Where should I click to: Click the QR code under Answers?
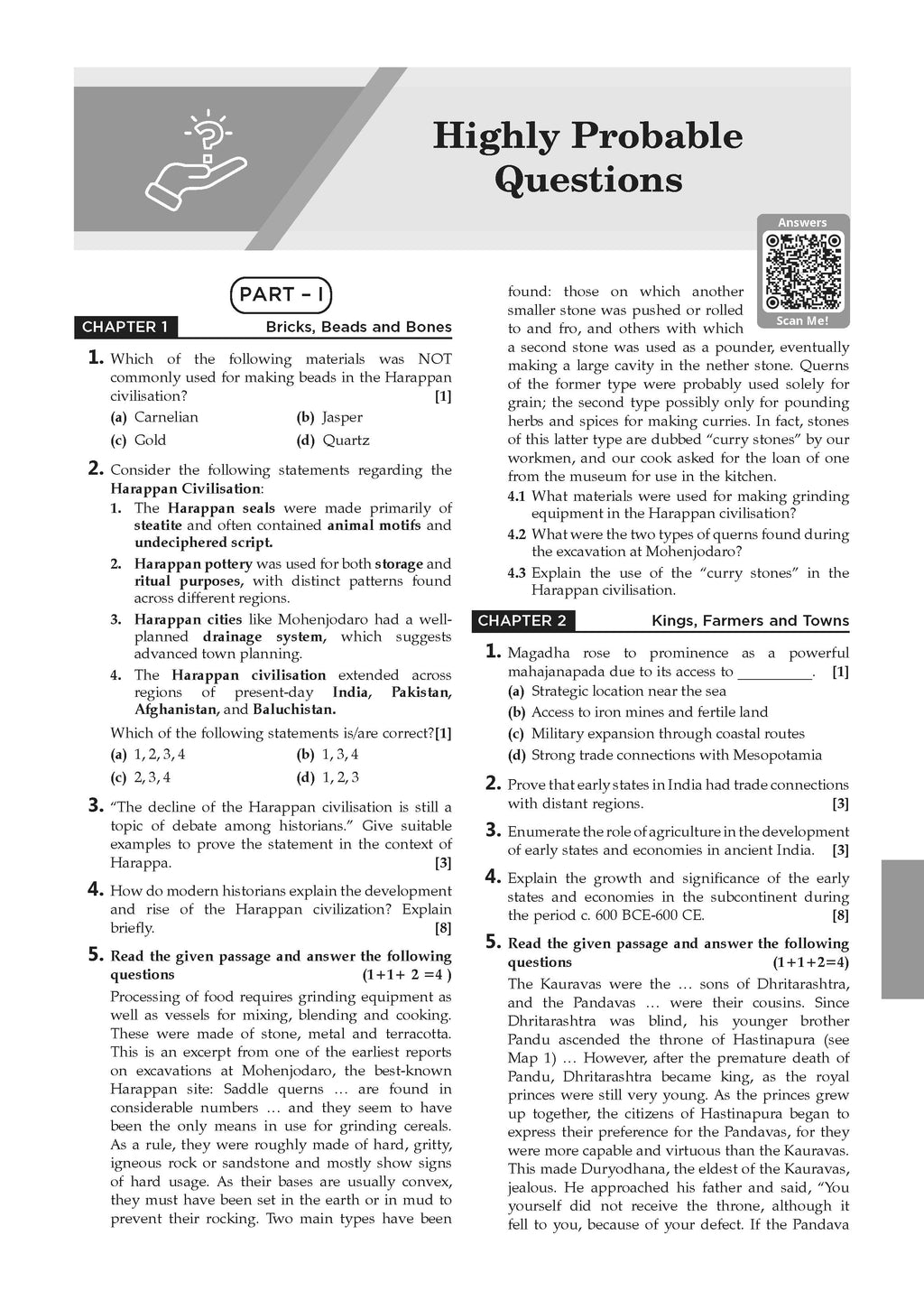click(802, 271)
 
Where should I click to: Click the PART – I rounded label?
click(282, 294)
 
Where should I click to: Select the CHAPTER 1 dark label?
click(125, 327)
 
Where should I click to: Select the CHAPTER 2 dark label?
click(523, 621)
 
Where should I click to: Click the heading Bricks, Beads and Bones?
click(358, 327)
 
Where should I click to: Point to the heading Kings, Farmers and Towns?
click(750, 621)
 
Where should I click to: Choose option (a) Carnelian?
click(154, 417)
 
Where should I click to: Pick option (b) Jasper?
click(329, 417)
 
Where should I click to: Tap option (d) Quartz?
click(333, 441)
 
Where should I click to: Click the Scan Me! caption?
click(802, 320)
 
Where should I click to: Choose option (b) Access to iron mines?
click(638, 712)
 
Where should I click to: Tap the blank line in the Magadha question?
click(774, 673)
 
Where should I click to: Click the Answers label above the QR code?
click(802, 223)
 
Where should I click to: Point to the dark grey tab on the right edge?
click(901, 929)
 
